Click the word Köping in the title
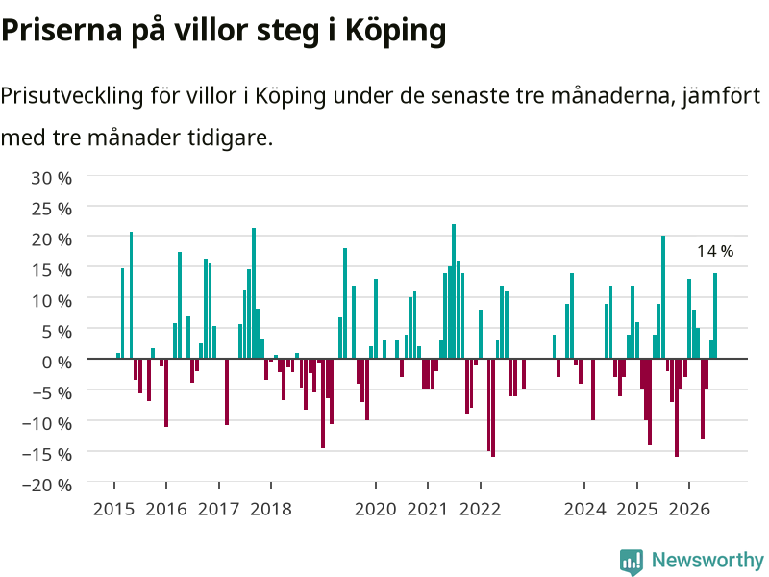[x=396, y=32]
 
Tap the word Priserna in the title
[x=62, y=32]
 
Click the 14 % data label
[x=715, y=251]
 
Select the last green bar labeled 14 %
[x=715, y=315]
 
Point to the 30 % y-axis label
[x=52, y=178]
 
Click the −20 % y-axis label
[x=47, y=486]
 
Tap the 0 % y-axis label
[x=57, y=363]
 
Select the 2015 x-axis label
[x=113, y=509]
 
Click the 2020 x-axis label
[x=376, y=509]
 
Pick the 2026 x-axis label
[x=689, y=509]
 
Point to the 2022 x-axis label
[x=480, y=509]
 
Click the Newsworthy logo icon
[x=632, y=562]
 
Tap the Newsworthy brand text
[x=707, y=560]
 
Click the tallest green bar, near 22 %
[x=454, y=291]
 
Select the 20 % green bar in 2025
[x=663, y=297]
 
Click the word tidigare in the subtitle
[x=230, y=138]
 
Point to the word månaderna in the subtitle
[x=611, y=95]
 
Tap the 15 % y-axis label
[x=52, y=270]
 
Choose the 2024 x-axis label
[x=584, y=509]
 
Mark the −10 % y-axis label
[x=47, y=424]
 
